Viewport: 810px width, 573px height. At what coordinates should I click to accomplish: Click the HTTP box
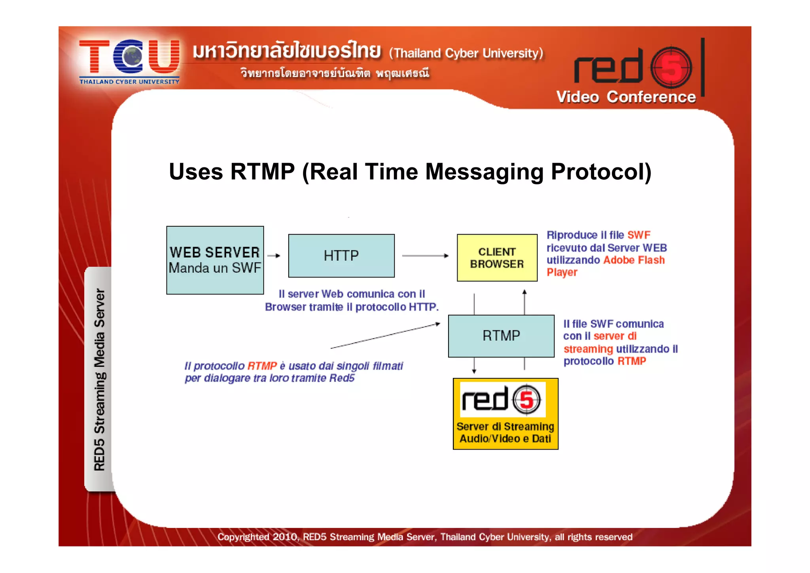(x=341, y=256)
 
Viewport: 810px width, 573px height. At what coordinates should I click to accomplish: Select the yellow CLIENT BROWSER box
(x=497, y=258)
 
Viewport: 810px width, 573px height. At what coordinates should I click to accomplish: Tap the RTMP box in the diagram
(x=501, y=336)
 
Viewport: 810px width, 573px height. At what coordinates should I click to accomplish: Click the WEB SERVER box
(x=215, y=260)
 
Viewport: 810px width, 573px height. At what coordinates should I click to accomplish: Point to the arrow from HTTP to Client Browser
(x=425, y=256)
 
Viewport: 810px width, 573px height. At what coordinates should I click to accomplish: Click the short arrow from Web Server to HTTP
(x=274, y=256)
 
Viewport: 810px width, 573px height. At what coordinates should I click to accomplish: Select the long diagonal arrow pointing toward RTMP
(x=385, y=336)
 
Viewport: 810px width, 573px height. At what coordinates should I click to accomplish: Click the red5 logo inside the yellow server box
(x=502, y=399)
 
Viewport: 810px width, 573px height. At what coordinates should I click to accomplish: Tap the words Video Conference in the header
(x=626, y=97)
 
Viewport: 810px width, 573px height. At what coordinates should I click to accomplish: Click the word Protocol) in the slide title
(x=601, y=172)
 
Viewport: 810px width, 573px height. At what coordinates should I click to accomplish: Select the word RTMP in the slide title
(x=262, y=172)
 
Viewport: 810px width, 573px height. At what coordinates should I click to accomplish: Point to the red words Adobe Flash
(x=634, y=260)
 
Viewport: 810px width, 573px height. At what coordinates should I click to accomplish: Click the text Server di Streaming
(x=505, y=427)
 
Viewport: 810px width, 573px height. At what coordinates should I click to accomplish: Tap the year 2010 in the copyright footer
(x=285, y=537)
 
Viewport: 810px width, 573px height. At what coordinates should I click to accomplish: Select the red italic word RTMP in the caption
(x=262, y=366)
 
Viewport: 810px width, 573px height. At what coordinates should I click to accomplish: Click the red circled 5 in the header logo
(x=671, y=67)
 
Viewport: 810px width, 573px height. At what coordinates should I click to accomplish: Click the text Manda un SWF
(x=215, y=268)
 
